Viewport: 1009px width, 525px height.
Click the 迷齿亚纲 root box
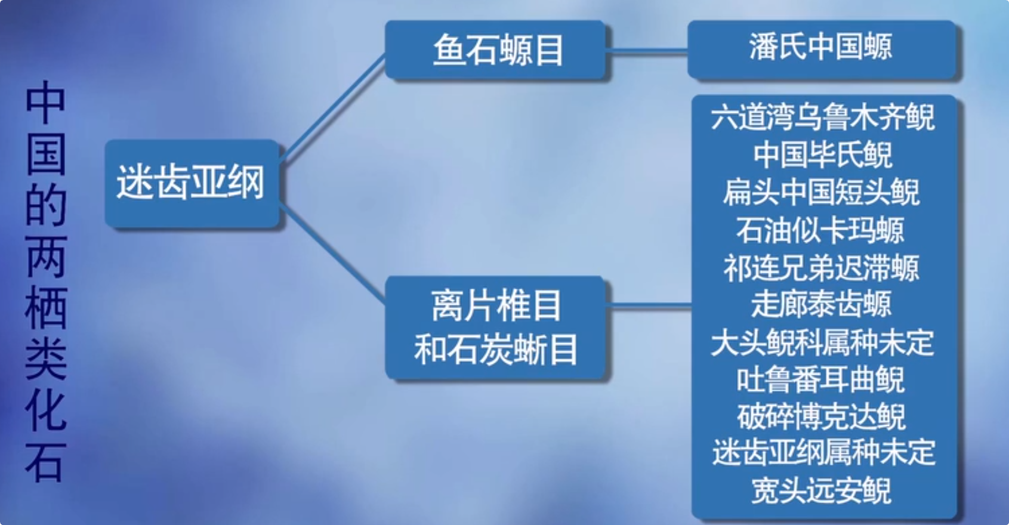(192, 183)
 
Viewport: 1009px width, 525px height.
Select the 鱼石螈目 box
(496, 50)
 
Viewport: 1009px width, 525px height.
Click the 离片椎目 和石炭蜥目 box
(496, 328)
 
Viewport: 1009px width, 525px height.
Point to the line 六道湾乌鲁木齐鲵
(823, 118)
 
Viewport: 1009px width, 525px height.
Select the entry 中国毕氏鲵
(823, 155)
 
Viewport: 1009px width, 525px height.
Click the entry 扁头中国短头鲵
(823, 193)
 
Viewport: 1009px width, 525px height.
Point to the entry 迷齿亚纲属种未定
(823, 453)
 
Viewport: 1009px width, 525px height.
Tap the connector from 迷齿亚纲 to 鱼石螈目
(332, 109)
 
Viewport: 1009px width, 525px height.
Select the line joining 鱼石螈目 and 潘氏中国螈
(647, 52)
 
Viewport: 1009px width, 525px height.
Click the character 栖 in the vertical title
(45, 308)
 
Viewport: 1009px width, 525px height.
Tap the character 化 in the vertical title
(45, 411)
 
